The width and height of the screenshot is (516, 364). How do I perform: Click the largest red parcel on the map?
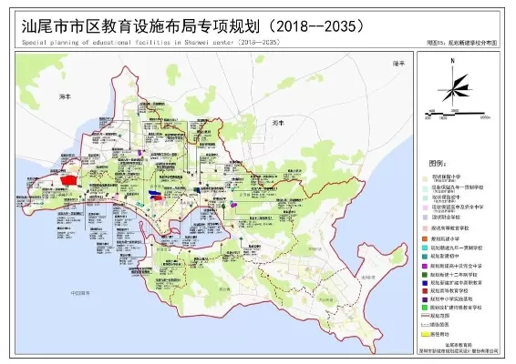click(68, 180)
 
